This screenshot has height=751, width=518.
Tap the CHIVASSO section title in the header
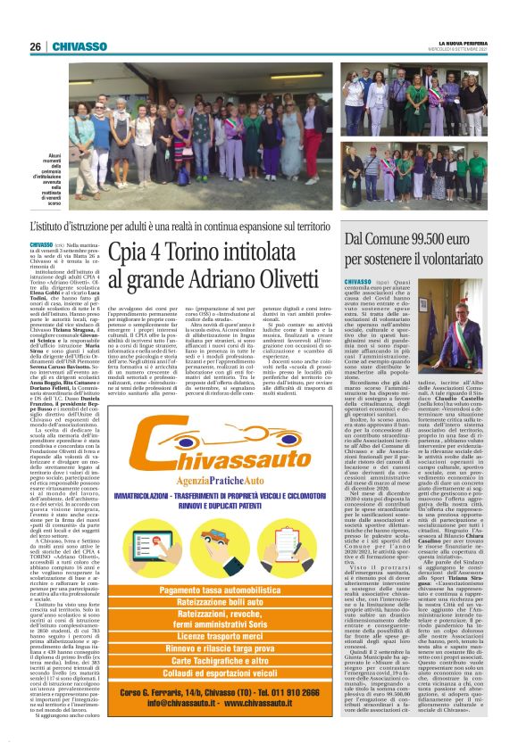coord(80,46)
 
